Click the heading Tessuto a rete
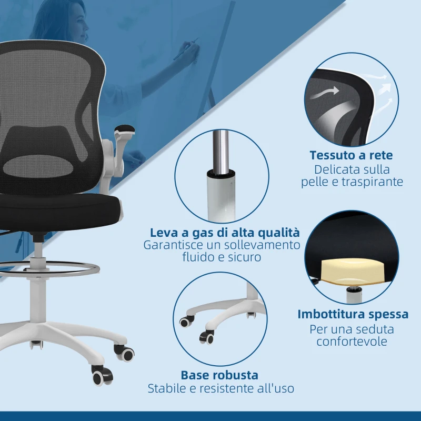pos(351,155)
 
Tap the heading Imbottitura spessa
pos(353,314)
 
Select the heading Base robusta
pos(219,375)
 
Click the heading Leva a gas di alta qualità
pos(225,233)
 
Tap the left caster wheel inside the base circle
pos(185,322)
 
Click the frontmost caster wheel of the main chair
pos(101,376)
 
